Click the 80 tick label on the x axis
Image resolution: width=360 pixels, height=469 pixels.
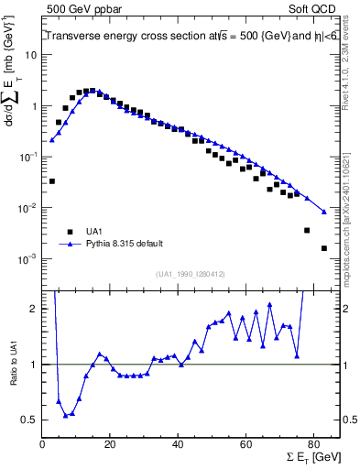coord(313,444)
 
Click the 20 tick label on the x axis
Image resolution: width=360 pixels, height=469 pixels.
coord(110,444)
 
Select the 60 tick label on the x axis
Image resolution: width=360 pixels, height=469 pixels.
coord(245,444)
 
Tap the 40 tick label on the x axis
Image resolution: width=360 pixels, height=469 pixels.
coord(178,444)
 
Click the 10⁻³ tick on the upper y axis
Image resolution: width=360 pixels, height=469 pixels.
coord(28,260)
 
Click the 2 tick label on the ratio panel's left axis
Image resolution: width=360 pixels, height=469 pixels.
coord(33,310)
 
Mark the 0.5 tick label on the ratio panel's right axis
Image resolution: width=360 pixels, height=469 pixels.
coord(349,420)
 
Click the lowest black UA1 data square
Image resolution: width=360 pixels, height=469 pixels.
coord(323,248)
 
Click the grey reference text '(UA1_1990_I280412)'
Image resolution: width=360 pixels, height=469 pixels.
coord(191,273)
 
